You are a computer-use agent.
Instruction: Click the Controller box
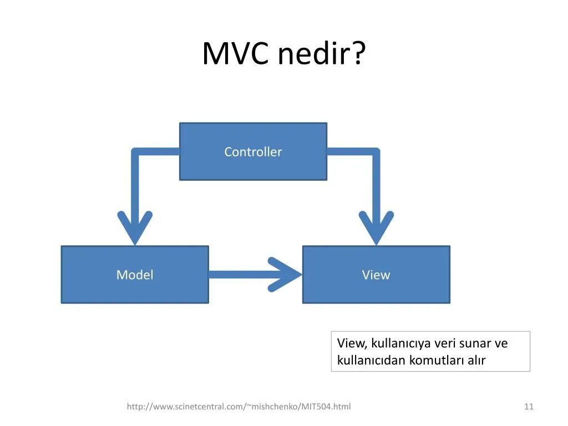pos(253,166)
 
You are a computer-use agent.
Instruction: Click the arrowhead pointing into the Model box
pos(135,227)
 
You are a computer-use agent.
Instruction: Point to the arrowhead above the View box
pos(376,227)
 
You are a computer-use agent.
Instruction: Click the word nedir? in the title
pos(322,54)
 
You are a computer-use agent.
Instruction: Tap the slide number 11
pos(529,407)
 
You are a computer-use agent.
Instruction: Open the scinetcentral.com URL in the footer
pos(239,407)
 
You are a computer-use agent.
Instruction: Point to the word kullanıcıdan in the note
pos(371,361)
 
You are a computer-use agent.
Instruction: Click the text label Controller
pos(253,152)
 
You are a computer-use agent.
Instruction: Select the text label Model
pos(135,275)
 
